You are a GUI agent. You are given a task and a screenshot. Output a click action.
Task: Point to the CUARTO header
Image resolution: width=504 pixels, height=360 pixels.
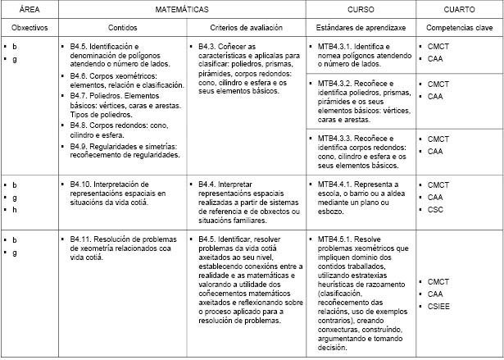coord(458,10)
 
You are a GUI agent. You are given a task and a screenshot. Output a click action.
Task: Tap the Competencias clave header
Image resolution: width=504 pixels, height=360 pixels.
coord(458,28)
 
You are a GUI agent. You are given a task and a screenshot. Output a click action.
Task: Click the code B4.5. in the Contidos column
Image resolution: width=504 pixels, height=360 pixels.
coord(81,46)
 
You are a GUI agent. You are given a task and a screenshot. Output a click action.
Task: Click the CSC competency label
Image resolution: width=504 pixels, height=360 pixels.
coord(435,210)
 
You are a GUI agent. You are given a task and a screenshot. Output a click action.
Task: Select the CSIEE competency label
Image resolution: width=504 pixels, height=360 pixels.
coord(439,306)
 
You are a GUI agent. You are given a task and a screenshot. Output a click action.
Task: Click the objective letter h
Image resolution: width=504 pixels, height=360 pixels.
coord(14,210)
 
